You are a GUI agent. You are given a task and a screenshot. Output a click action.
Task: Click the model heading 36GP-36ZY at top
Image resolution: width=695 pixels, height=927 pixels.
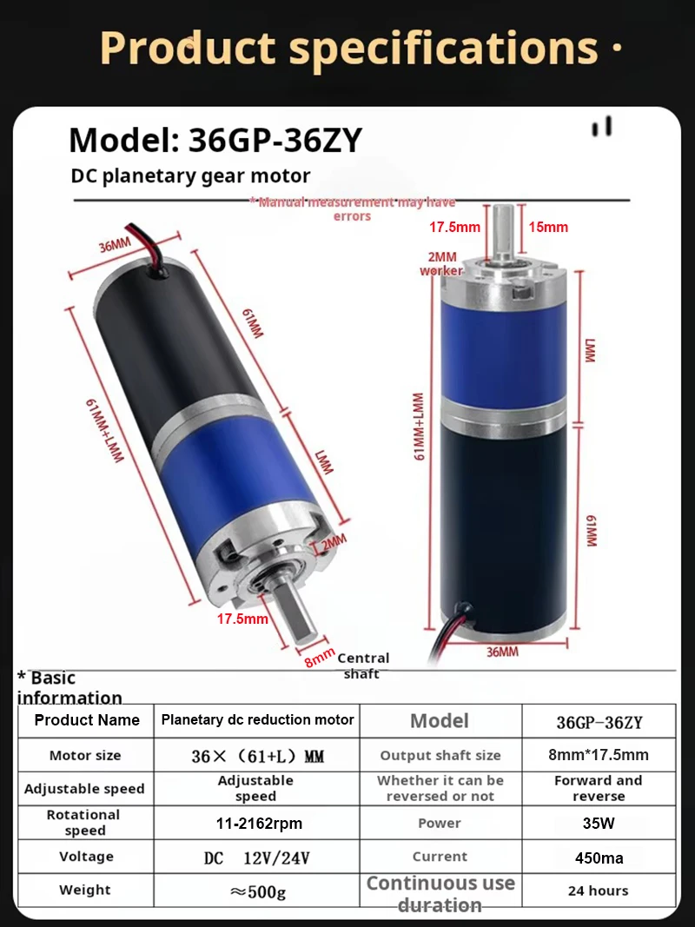pos(215,140)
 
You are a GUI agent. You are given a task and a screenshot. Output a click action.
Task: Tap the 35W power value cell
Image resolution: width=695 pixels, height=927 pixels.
pos(599,823)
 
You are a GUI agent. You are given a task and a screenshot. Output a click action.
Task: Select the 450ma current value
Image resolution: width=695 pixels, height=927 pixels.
pos(599,857)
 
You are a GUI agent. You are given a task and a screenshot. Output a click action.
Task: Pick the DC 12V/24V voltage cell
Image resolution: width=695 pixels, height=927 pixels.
pos(257,857)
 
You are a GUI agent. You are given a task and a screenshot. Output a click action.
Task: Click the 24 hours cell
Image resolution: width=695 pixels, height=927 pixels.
pos(599,891)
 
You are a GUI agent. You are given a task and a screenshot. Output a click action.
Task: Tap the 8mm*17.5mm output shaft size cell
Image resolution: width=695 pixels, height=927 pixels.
pos(599,755)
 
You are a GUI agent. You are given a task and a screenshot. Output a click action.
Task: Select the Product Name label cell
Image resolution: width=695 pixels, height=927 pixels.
pos(87,720)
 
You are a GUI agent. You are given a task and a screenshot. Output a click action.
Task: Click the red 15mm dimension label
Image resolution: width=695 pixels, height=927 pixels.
pos(548,227)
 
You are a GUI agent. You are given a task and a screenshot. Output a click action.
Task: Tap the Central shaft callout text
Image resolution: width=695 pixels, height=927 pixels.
pos(363,665)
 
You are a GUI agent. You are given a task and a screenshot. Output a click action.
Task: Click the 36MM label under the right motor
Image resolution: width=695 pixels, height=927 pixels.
pos(502,652)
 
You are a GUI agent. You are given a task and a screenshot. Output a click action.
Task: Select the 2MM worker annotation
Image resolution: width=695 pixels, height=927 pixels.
pos(441,263)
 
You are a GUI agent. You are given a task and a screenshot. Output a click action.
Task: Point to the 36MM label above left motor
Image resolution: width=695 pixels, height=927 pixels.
pos(116,246)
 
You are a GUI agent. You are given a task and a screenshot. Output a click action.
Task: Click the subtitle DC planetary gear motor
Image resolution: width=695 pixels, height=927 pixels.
pos(190,175)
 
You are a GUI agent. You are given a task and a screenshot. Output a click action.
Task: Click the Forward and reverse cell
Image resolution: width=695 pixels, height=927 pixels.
pos(599,788)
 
